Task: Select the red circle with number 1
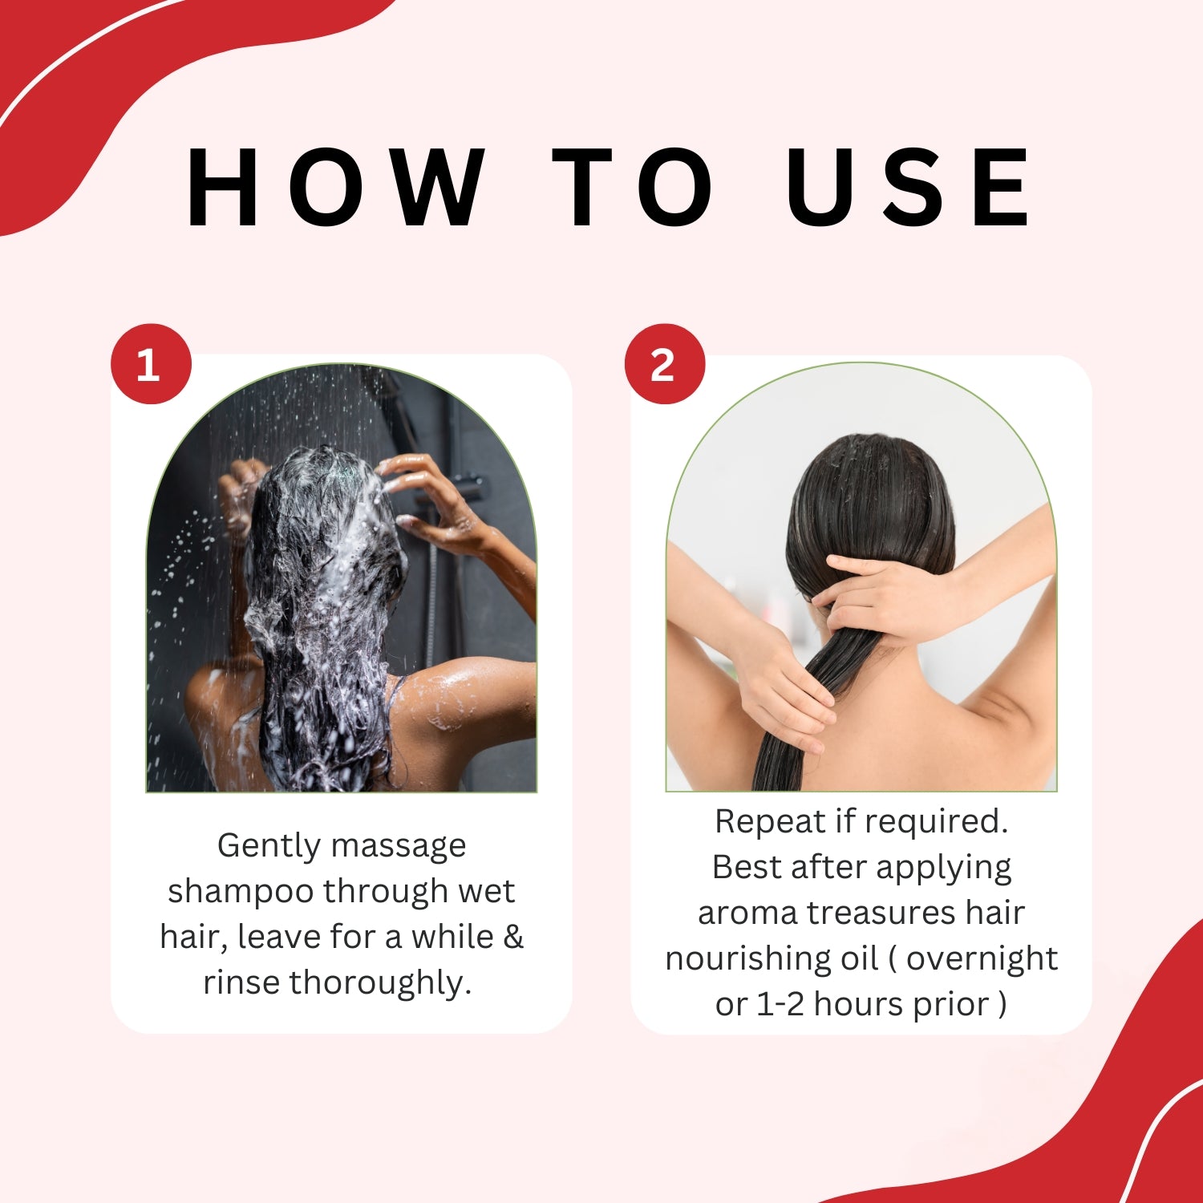click(x=151, y=364)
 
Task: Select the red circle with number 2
click(x=665, y=364)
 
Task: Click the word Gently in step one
click(x=269, y=847)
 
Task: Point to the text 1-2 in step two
click(x=780, y=1005)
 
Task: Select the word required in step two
click(x=936, y=822)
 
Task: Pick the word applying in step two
click(x=943, y=869)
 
